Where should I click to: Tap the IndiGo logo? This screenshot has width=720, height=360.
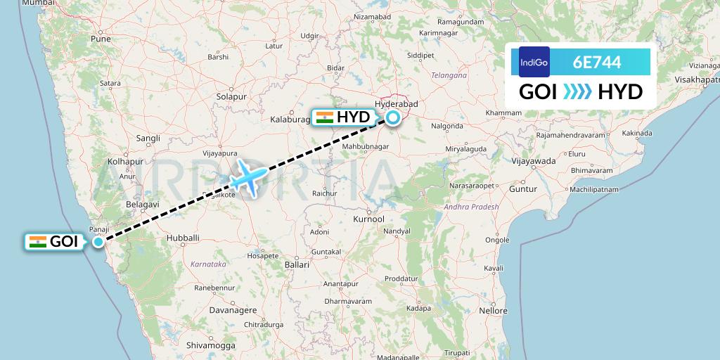coord(534,62)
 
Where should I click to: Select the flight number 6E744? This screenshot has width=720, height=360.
coord(597,62)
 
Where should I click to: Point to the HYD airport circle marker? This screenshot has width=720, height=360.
coord(394,117)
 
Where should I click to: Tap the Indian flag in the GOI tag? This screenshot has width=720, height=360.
coord(38,242)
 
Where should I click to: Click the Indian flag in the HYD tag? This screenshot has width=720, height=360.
coord(325,117)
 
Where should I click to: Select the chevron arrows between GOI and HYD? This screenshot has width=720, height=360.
coord(577,92)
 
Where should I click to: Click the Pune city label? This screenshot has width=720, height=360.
coord(101,39)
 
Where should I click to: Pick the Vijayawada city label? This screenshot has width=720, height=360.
coord(533,161)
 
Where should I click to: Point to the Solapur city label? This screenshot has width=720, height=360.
coord(230,96)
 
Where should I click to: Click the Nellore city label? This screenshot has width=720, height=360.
coord(492,310)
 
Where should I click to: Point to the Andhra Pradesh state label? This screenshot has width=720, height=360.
coord(471,207)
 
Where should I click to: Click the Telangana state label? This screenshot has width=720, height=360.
coord(449,75)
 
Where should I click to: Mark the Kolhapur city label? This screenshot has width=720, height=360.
coord(125,162)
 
